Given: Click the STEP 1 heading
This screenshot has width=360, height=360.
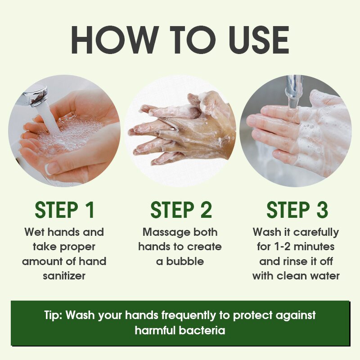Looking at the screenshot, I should [x=65, y=211].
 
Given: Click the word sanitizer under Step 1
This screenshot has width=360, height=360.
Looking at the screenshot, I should [x=64, y=276].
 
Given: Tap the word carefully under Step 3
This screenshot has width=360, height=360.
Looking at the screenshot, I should [x=316, y=232].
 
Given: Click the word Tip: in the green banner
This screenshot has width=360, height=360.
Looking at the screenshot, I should [x=54, y=315].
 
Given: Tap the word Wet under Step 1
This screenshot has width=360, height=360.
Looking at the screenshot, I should [x=35, y=232].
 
